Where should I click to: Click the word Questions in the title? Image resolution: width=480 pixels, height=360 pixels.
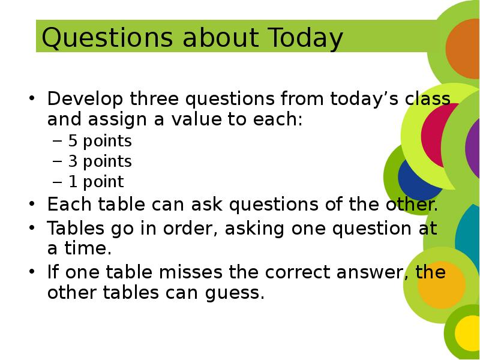click(107, 38)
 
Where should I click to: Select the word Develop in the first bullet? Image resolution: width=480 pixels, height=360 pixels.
click(85, 99)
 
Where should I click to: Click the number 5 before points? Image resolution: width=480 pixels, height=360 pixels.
click(73, 140)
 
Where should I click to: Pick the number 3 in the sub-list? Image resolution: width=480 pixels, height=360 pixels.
click(73, 161)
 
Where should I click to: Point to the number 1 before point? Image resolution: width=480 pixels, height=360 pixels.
click(73, 182)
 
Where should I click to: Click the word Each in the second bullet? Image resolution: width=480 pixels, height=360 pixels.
click(69, 204)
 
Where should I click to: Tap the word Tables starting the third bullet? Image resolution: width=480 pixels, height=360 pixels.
click(76, 228)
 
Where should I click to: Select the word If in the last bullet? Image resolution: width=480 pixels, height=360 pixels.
click(53, 272)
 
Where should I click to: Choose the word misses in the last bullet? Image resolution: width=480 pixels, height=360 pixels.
click(190, 272)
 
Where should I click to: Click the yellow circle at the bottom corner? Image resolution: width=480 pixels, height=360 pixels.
click(467, 333)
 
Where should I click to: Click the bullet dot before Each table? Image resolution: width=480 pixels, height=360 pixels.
click(32, 203)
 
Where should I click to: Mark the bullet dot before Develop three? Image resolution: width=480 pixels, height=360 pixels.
click(32, 98)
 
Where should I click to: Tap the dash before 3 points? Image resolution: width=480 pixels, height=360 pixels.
click(57, 161)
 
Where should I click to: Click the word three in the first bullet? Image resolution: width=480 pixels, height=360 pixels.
click(154, 98)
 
